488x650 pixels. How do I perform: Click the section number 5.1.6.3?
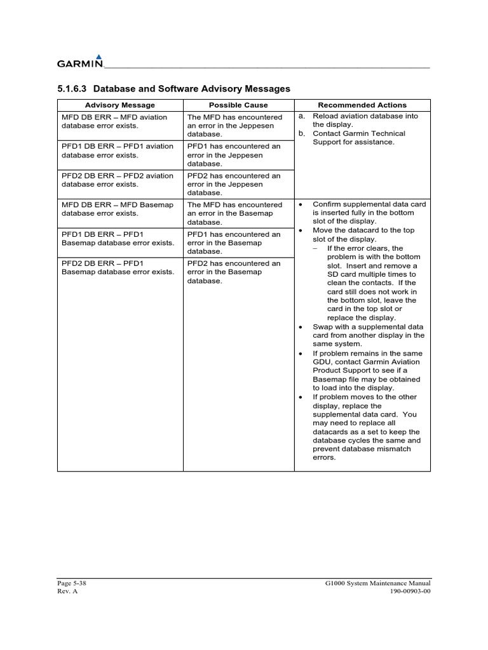coord(72,89)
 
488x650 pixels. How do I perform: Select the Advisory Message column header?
coord(119,105)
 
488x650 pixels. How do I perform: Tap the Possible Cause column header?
coord(238,105)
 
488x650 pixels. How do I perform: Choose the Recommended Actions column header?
coord(362,105)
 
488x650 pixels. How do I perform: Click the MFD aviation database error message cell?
coord(114,121)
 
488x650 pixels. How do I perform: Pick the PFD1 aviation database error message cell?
coord(117,150)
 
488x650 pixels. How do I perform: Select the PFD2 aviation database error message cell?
coord(117,180)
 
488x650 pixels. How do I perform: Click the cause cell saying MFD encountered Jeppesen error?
coord(234,126)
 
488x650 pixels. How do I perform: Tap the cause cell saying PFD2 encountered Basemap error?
coord(234,272)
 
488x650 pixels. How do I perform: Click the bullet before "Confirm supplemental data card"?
coord(301,204)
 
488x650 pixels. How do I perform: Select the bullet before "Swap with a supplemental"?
coord(301,326)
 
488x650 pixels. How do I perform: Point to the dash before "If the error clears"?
coord(316,248)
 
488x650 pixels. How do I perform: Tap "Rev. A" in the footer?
coord(67,591)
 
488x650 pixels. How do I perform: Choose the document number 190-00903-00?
coord(410,591)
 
